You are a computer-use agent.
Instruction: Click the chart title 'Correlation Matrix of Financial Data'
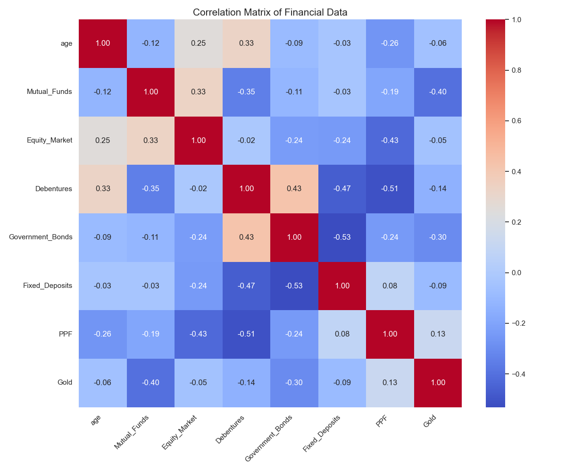pos(270,12)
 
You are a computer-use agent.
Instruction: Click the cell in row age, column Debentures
pos(246,43)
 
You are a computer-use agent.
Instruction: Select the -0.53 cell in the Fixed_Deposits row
pos(294,286)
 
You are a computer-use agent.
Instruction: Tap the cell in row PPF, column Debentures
pos(246,334)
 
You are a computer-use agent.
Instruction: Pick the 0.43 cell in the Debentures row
pos(294,189)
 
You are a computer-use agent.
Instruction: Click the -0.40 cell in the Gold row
pos(150,383)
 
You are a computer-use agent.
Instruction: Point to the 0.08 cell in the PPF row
pos(342,334)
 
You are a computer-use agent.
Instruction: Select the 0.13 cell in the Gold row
pos(390,383)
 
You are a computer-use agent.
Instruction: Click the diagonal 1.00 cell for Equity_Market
pos(199,140)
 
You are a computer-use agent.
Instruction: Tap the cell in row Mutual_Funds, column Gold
pos(438,92)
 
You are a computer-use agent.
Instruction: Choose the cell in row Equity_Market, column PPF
pos(390,140)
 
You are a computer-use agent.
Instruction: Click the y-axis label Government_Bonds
pos(41,237)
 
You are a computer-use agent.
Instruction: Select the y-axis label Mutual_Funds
pos(50,92)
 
